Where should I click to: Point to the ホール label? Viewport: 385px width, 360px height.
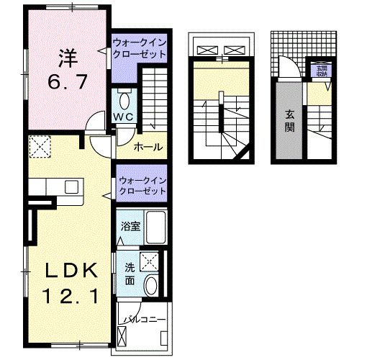[x=147, y=147]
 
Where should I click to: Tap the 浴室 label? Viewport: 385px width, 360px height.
[x=130, y=227]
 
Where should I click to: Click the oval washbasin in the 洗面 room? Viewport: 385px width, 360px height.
[x=152, y=285]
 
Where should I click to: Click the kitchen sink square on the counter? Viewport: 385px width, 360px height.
[x=72, y=186]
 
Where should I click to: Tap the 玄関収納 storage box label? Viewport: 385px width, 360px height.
[x=319, y=70]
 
